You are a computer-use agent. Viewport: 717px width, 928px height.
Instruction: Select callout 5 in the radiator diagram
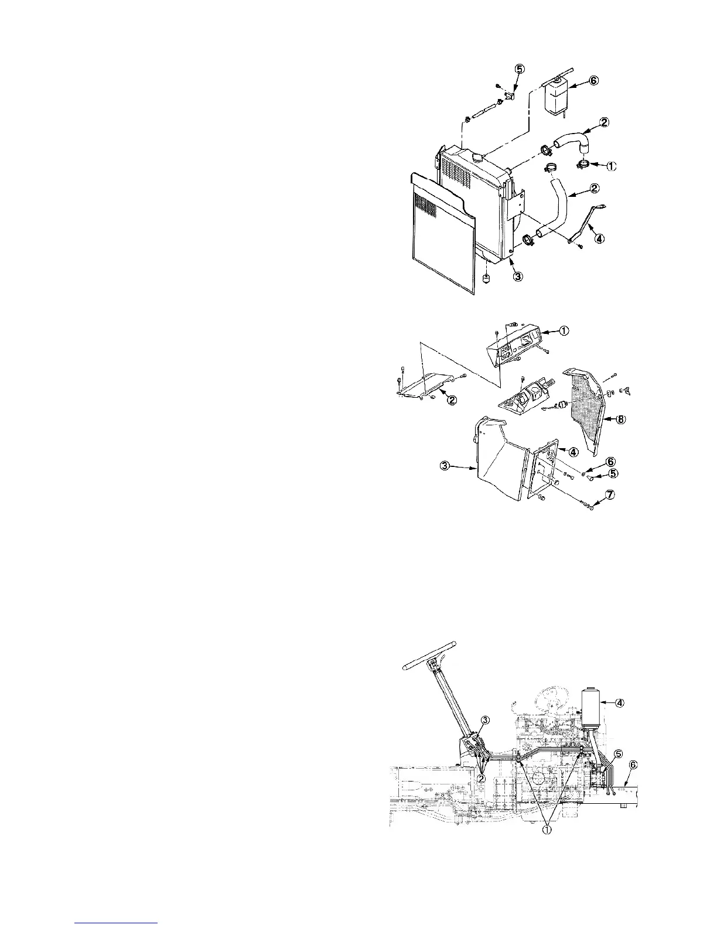click(519, 69)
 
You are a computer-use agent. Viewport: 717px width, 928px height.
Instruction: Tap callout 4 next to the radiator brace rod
click(599, 238)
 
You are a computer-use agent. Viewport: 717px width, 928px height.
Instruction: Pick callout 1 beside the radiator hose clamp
click(610, 166)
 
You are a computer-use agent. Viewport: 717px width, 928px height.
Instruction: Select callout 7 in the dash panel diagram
click(610, 495)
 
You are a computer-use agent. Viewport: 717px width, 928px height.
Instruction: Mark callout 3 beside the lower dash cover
click(446, 466)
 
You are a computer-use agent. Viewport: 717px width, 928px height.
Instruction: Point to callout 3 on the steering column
click(484, 719)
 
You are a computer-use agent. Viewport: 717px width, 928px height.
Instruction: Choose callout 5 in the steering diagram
click(619, 753)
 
